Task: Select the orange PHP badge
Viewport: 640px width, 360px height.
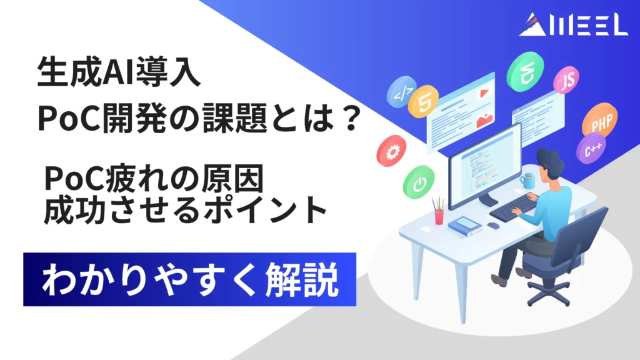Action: (x=599, y=123)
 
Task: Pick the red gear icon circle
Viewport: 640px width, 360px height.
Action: (x=392, y=151)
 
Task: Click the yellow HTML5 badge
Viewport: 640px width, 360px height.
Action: (x=424, y=104)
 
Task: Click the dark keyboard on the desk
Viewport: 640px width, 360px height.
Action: (x=512, y=207)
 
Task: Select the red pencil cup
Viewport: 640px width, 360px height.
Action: (x=439, y=216)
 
